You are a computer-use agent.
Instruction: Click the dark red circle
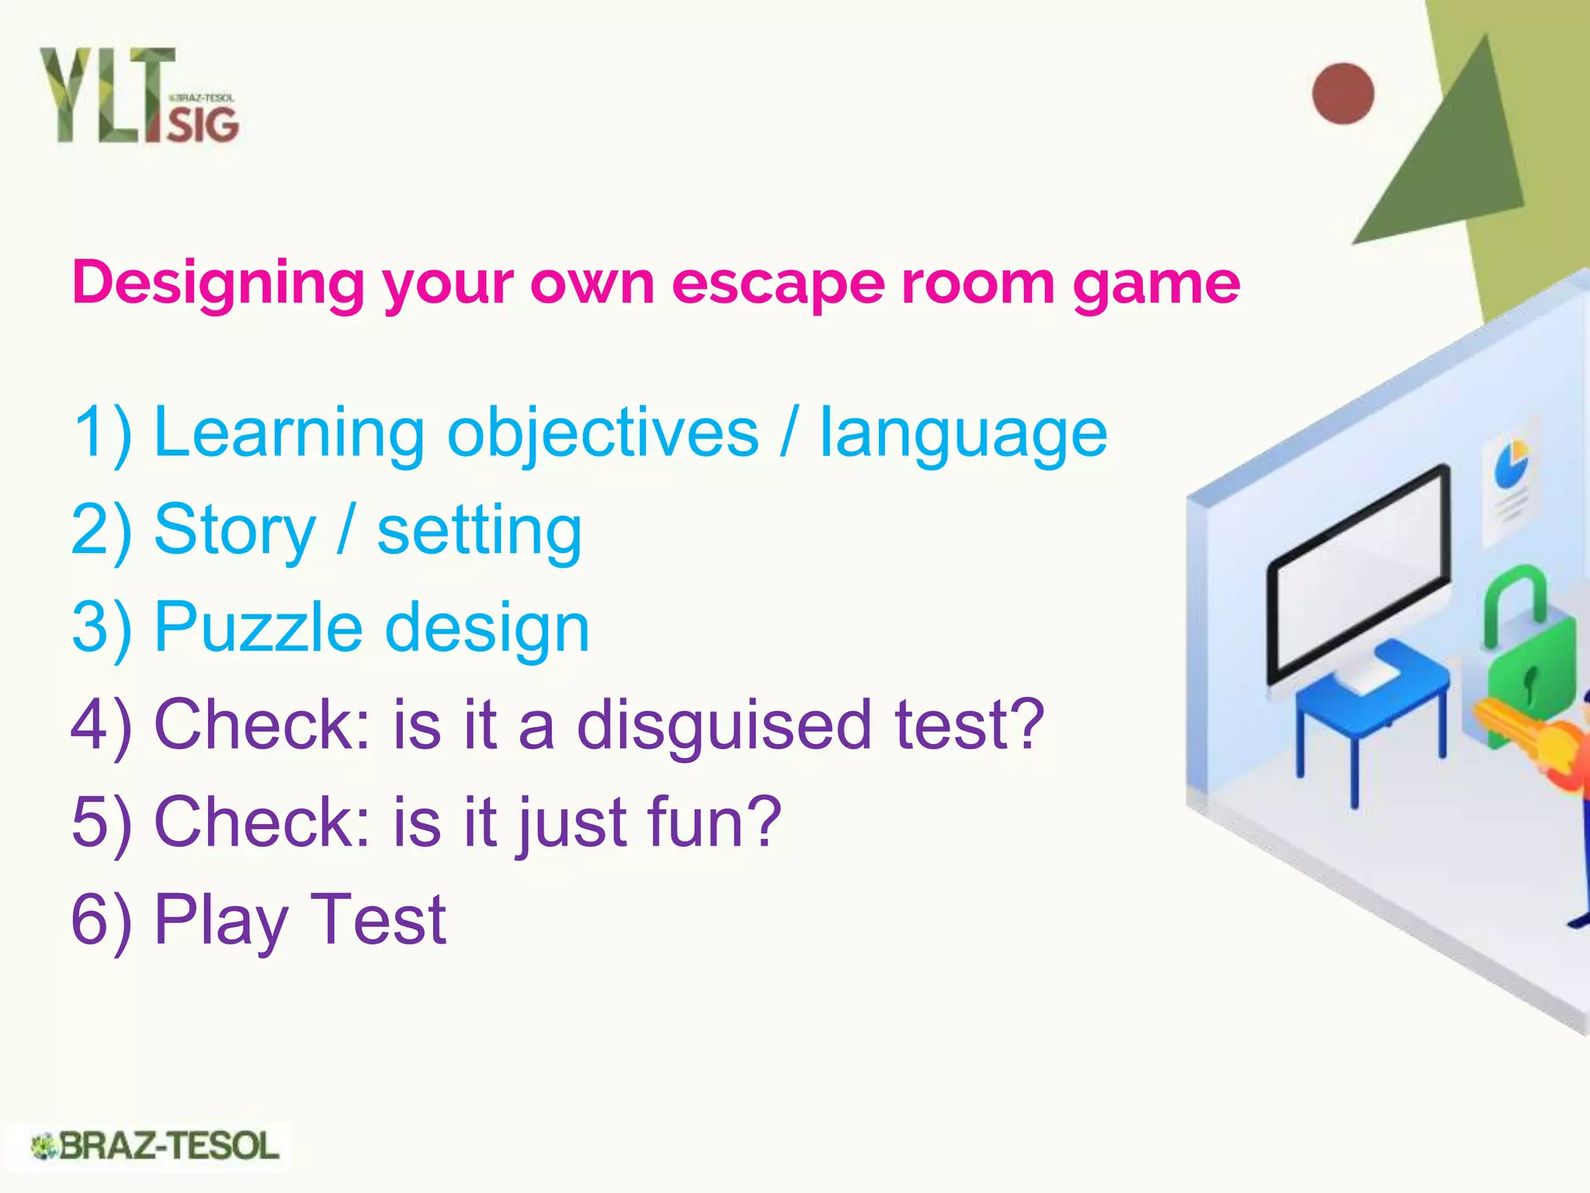(1343, 93)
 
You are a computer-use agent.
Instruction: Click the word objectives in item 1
(602, 433)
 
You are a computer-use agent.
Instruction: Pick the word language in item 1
(963, 433)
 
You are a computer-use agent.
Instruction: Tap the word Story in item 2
(235, 531)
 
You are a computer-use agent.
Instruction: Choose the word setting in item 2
(479, 531)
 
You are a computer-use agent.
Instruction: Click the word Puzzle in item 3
(259, 628)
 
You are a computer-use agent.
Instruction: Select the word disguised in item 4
(724, 725)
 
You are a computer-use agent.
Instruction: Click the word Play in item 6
(221, 921)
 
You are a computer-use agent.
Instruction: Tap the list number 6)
(101, 921)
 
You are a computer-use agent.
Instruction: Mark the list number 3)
(101, 628)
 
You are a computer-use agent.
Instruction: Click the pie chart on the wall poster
(1511, 462)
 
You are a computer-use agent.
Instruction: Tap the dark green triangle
(1452, 155)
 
